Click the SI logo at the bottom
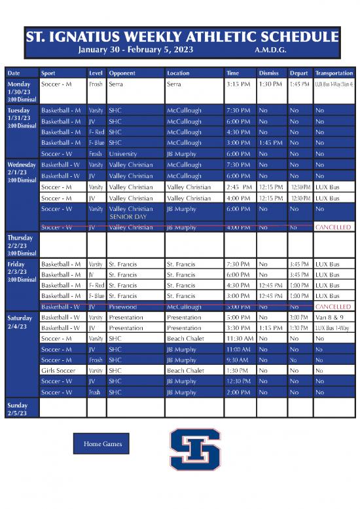(x=194, y=449)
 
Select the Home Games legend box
(x=101, y=444)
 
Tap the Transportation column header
(x=334, y=73)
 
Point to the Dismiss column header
(x=269, y=73)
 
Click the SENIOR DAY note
(x=128, y=216)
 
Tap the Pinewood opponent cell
(x=124, y=307)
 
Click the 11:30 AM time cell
(x=240, y=339)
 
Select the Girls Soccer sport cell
(x=60, y=371)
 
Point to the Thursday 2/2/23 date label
(x=20, y=244)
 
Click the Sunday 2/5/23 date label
(x=18, y=409)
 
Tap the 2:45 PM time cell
(x=238, y=187)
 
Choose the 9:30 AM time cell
(x=238, y=360)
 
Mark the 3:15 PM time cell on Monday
(x=238, y=85)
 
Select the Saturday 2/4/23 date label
(x=20, y=322)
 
